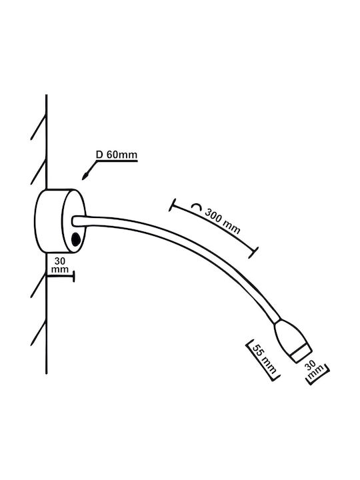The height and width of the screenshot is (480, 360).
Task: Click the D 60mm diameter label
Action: tap(117, 155)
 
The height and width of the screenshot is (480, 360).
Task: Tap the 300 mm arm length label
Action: tap(222, 221)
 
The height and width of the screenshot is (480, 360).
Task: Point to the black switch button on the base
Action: tap(75, 239)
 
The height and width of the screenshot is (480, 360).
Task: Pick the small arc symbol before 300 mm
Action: tap(197, 207)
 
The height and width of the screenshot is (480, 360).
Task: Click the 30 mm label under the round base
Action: tap(60, 265)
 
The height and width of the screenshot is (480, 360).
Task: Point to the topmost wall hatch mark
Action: tap(38, 127)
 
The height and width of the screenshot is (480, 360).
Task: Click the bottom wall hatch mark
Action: tap(38, 332)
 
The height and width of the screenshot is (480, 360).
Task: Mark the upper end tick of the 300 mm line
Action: tap(173, 205)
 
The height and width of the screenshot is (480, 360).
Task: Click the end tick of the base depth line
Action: tap(74, 276)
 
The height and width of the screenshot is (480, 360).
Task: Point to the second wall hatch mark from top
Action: tap(38, 171)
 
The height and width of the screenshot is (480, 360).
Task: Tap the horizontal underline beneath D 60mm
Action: tap(117, 161)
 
